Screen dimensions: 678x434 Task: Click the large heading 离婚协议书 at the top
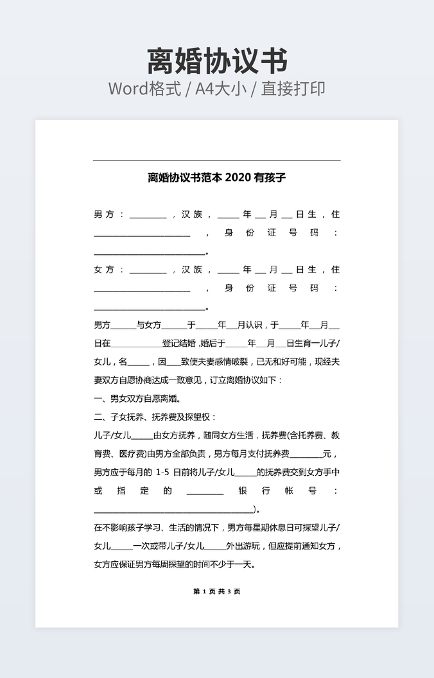217,61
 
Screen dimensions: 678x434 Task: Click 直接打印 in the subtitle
293,89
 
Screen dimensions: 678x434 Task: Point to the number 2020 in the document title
238,178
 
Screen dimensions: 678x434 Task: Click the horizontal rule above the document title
217,160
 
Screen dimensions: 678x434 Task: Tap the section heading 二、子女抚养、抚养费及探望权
156,417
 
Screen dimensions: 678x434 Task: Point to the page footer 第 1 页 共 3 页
217,591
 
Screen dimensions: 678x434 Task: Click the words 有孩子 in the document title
270,178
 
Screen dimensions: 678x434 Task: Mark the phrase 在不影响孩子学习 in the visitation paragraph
128,528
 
